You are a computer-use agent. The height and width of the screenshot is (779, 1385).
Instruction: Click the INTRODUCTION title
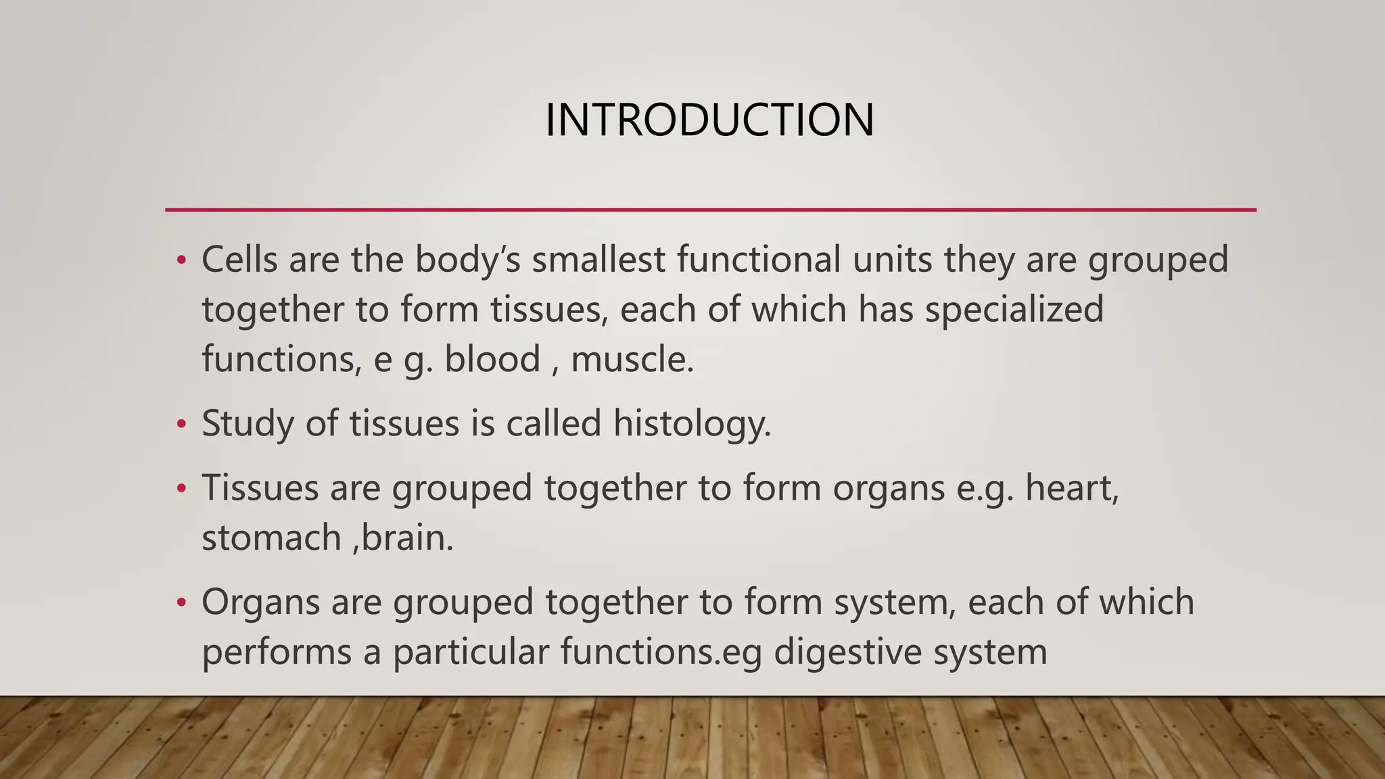[x=709, y=120]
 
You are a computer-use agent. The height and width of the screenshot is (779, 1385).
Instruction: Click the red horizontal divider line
[x=710, y=210]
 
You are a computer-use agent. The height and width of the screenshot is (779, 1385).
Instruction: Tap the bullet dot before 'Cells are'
[x=181, y=261]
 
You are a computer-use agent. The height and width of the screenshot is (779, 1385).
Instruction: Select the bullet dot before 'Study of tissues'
[x=181, y=425]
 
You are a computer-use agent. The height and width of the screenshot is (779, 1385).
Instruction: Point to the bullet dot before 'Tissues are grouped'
[x=181, y=488]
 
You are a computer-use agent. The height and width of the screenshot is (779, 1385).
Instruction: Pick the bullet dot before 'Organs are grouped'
[x=181, y=603]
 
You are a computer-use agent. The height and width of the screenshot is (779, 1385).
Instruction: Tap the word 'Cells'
[x=239, y=260]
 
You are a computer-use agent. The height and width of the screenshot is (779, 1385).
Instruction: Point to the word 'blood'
[x=492, y=359]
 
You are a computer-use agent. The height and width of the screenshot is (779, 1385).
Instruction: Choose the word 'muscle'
[x=629, y=359]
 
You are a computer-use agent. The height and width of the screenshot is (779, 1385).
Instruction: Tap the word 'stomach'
[x=271, y=538]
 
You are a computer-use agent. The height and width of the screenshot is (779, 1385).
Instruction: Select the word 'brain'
[x=404, y=538]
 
